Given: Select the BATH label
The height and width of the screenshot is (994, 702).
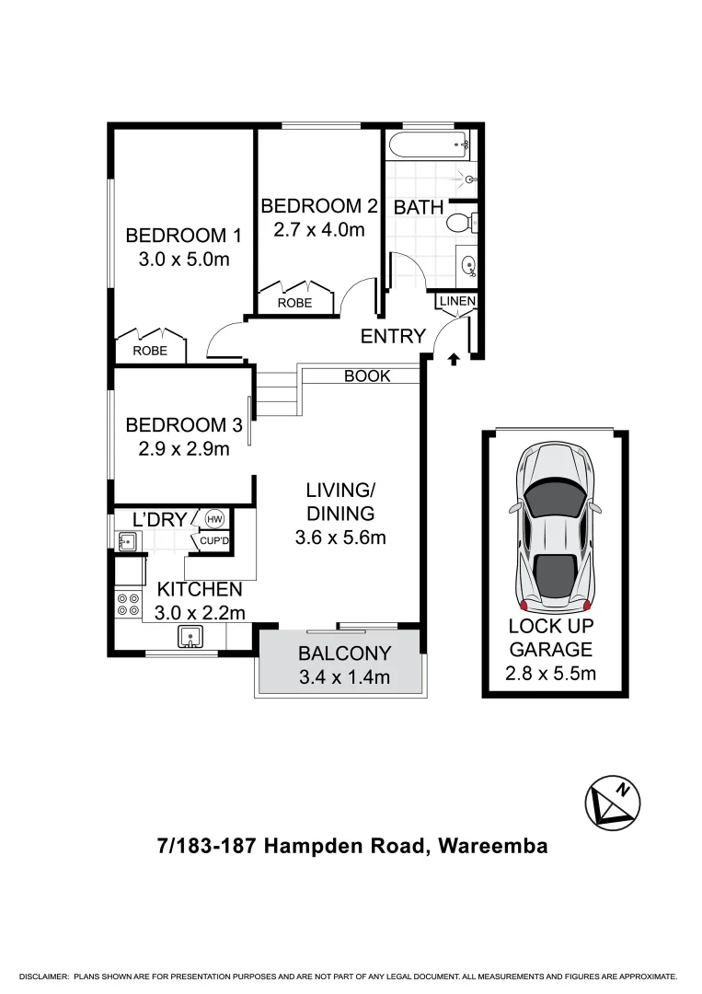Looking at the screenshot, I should click(x=419, y=207).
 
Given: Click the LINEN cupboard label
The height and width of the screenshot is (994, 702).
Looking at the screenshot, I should click(x=456, y=301).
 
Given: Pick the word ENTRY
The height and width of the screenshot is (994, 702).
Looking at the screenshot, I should click(x=393, y=337).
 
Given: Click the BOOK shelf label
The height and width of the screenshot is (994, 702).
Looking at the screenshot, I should click(x=367, y=376).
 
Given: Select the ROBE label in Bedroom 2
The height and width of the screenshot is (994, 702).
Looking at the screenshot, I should click(x=294, y=303).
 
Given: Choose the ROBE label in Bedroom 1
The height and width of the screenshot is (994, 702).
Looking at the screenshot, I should click(x=150, y=351).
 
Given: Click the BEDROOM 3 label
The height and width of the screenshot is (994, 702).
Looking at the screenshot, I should click(x=183, y=425).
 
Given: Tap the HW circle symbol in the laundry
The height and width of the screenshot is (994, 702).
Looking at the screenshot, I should click(x=214, y=518).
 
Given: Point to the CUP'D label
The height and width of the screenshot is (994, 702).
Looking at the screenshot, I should click(x=213, y=540).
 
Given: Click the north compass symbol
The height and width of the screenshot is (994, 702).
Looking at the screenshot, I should click(x=613, y=802).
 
